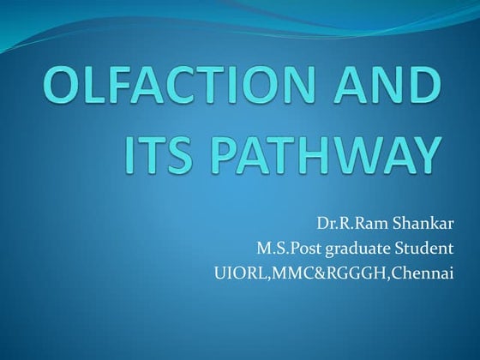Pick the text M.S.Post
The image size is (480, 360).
(286, 250)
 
